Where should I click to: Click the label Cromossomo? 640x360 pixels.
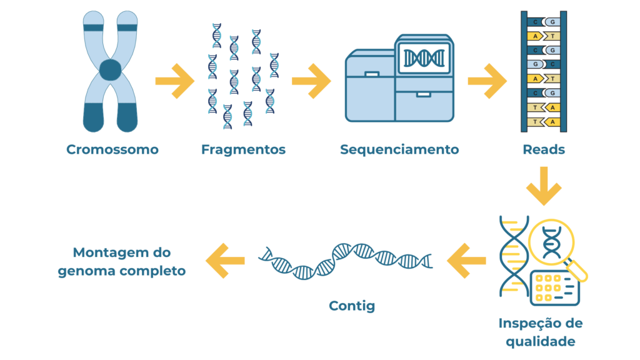tap(112, 150)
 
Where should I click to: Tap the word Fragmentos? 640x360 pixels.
tap(243, 150)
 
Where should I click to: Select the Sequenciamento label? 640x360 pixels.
tap(399, 150)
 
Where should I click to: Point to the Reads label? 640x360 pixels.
tap(544, 150)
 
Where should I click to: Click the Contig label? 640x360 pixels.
tap(352, 306)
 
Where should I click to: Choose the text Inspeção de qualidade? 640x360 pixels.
tap(541, 332)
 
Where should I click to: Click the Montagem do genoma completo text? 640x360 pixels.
tap(122, 262)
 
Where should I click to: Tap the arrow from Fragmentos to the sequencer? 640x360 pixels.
tap(311, 81)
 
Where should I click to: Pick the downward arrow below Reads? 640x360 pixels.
tap(544, 186)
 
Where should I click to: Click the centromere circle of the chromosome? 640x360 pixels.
tap(110, 69)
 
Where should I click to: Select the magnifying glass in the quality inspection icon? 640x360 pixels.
tap(552, 241)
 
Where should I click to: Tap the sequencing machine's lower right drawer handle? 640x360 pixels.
tap(423, 95)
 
